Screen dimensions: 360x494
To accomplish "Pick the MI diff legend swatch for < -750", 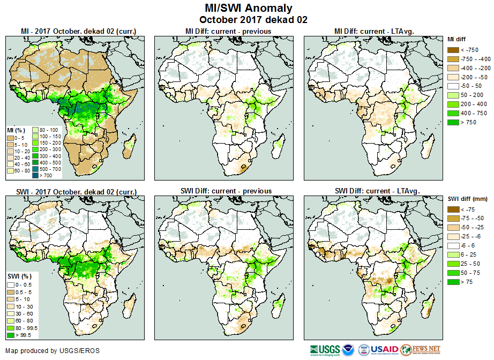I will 453,50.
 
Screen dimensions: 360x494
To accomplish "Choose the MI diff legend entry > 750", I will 453,123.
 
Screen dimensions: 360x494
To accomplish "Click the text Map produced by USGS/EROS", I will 53,351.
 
